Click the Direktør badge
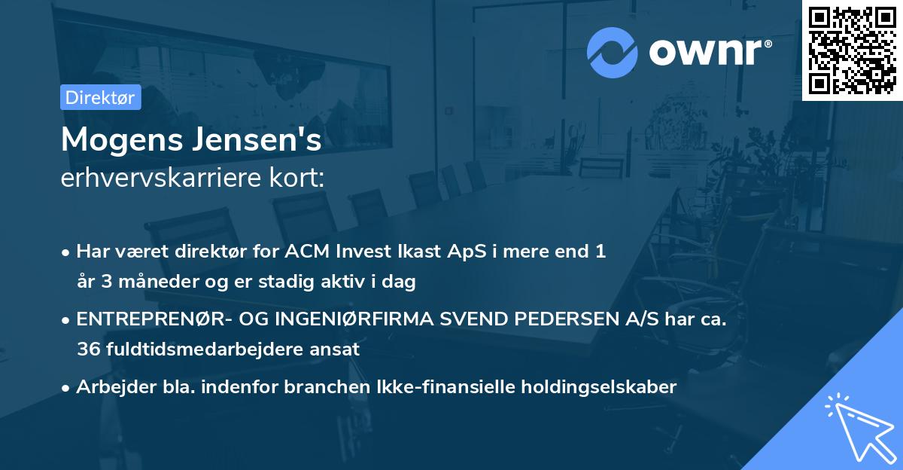pos(100,97)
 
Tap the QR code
pos(852,50)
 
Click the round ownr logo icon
pos(613,52)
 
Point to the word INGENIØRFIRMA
pos(356,319)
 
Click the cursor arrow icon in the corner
pos(859,427)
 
